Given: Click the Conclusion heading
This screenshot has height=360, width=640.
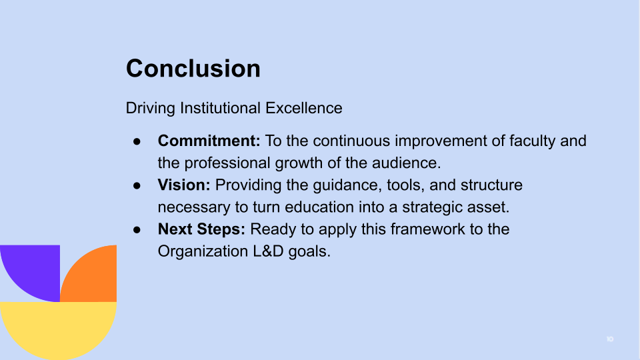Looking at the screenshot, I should tap(193, 69).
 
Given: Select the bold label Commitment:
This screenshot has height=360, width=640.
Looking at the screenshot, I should tap(209, 141).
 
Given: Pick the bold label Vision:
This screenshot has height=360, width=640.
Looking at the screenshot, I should tap(184, 185).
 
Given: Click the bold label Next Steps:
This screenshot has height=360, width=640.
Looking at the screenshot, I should tap(201, 229).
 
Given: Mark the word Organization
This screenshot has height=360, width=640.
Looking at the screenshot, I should tap(200, 252).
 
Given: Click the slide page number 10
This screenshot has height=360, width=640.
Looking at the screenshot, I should tap(609, 339).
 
